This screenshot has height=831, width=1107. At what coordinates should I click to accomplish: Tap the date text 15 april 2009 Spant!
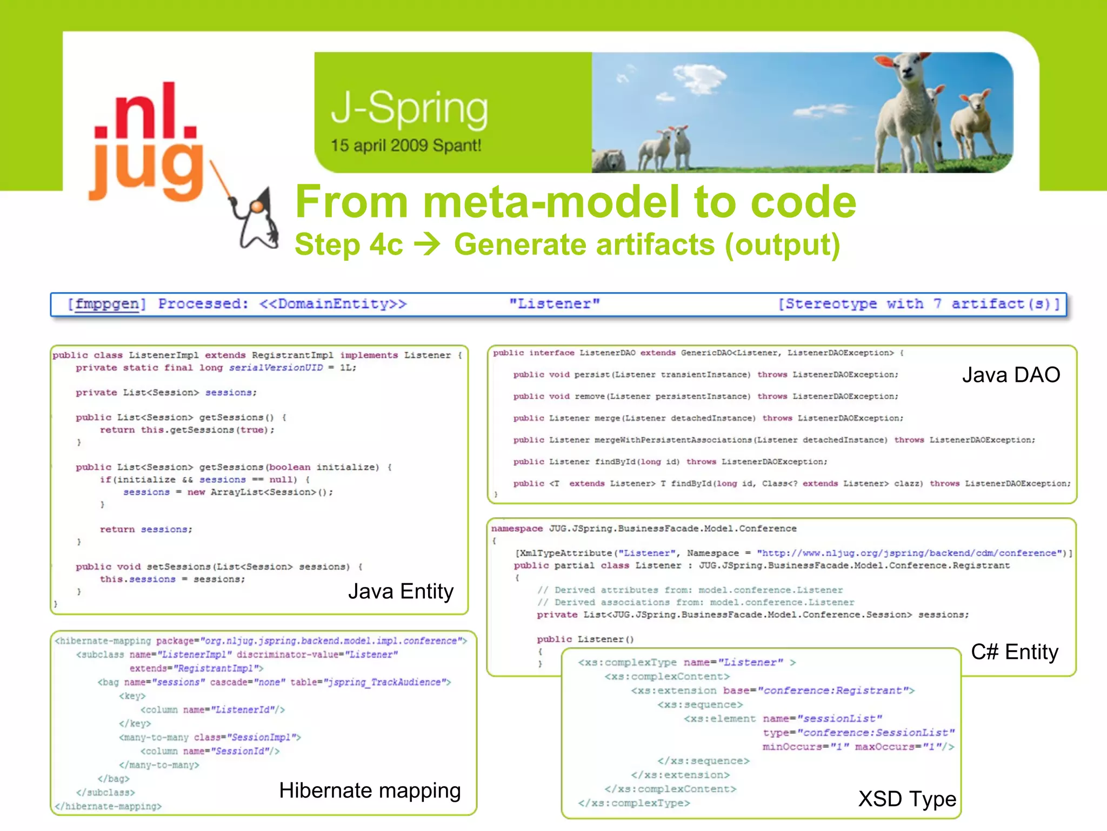[405, 146]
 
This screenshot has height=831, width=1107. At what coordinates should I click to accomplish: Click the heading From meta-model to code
[576, 202]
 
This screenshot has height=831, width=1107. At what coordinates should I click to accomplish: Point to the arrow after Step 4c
[427, 245]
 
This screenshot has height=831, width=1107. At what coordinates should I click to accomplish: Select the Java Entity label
[401, 591]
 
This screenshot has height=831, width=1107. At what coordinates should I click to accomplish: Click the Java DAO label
[1011, 375]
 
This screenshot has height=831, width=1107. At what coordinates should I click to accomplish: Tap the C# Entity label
[1014, 652]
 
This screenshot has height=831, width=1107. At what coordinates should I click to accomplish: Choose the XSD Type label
[907, 799]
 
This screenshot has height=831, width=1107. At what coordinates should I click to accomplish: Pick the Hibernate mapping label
[370, 790]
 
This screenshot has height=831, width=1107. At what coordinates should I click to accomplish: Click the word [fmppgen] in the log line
[106, 304]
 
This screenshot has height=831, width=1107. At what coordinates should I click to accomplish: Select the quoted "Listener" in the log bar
[555, 304]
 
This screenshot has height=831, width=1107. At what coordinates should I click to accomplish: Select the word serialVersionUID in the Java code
[276, 368]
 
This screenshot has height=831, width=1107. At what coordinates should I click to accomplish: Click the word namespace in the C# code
[517, 529]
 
